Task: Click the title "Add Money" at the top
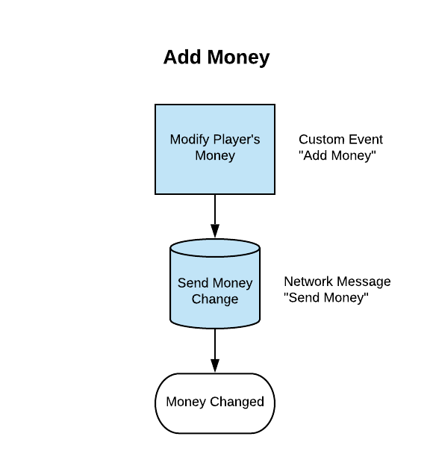click(216, 58)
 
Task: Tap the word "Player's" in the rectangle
click(237, 140)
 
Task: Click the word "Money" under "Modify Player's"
click(215, 156)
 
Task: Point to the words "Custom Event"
click(340, 140)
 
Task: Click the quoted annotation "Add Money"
click(337, 155)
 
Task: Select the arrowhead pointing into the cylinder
click(215, 231)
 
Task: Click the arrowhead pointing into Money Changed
click(215, 366)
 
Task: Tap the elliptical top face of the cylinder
click(215, 248)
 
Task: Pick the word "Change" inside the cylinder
click(215, 299)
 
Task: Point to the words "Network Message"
click(337, 282)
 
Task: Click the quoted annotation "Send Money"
click(326, 298)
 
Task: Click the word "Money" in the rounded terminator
click(186, 402)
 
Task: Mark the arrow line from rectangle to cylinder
click(215, 216)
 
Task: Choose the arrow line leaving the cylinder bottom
click(215, 350)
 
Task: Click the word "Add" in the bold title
click(182, 57)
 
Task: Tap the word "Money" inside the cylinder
click(230, 284)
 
